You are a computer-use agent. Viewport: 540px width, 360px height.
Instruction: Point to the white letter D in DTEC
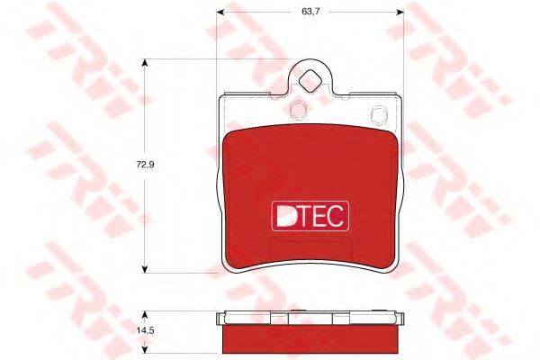pyautogui.click(x=283, y=214)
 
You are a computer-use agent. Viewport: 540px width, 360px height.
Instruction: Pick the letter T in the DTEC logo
pyautogui.click(x=303, y=214)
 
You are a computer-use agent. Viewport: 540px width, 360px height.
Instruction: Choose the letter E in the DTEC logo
pyautogui.click(x=319, y=214)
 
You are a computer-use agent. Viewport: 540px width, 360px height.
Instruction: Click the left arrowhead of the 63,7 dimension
pyautogui.click(x=219, y=12)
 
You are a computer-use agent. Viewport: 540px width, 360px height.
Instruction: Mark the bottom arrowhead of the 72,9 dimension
pyautogui.click(x=145, y=268)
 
